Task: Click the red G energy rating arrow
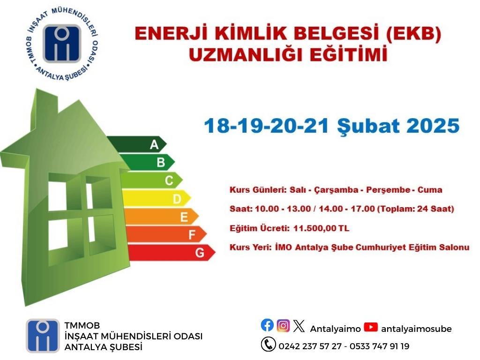click(172, 253)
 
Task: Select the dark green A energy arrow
click(137, 144)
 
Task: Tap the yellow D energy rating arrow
click(157, 198)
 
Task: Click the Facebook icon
click(267, 325)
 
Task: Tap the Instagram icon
click(283, 325)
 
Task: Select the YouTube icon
click(371, 327)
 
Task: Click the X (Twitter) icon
click(299, 326)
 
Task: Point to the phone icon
click(269, 344)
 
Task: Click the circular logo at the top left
click(61, 44)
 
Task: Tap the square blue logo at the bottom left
click(43, 336)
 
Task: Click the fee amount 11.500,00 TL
click(321, 228)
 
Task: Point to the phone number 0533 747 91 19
click(379, 346)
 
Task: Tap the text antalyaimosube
click(416, 329)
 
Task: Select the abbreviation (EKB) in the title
click(413, 33)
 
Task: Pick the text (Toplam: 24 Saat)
click(416, 209)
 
